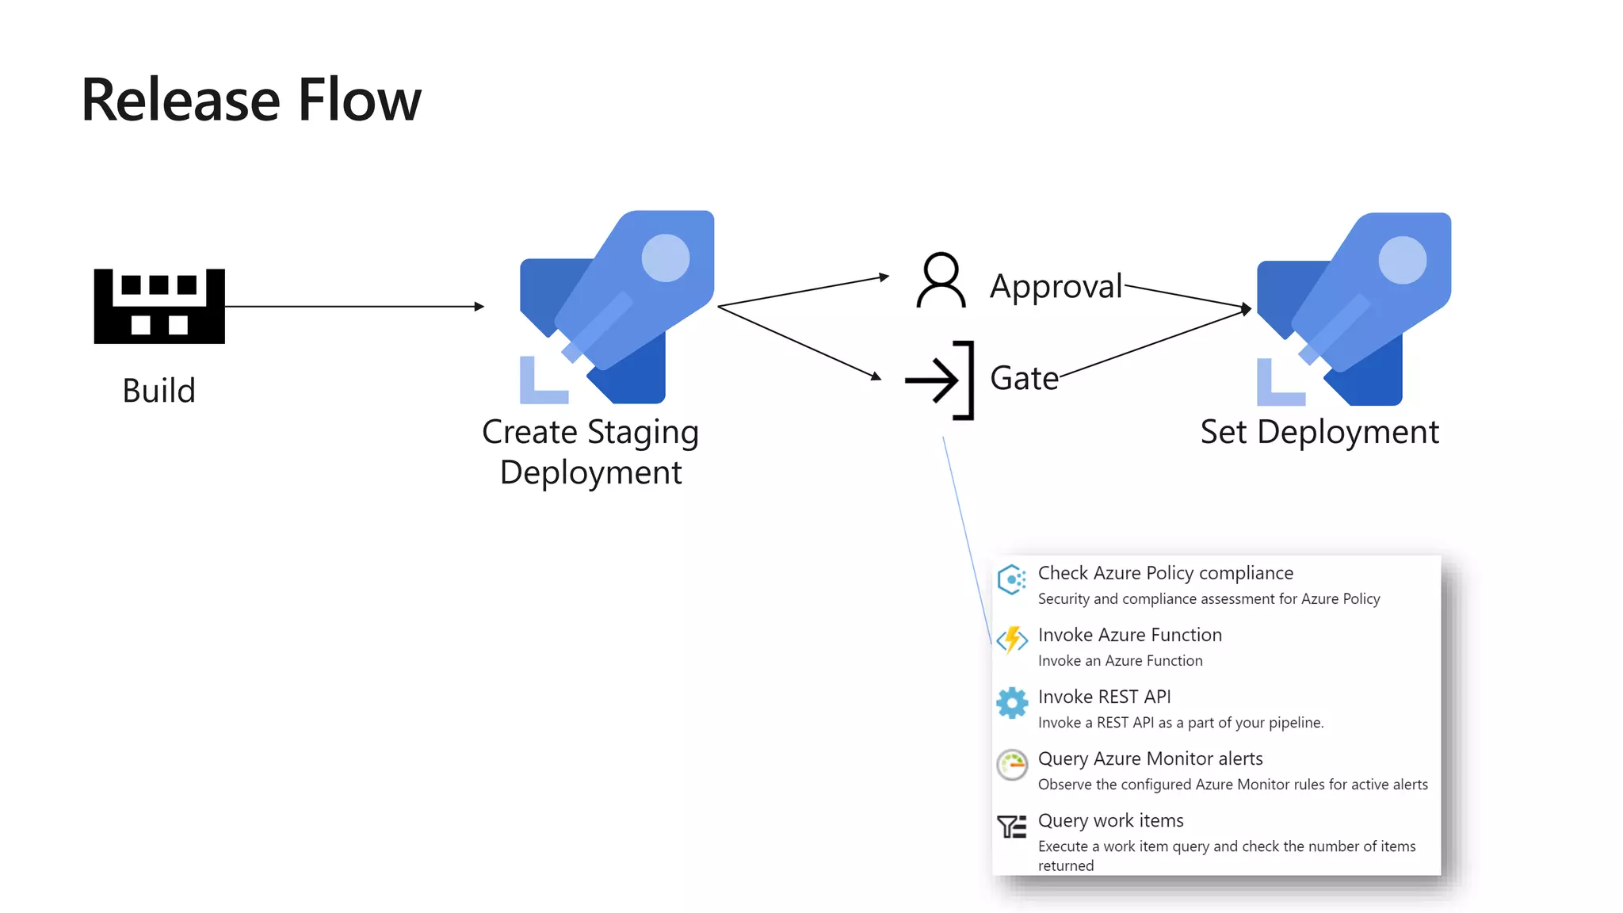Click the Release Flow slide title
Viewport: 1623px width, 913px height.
point(251,101)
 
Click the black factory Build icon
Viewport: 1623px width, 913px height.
point(159,306)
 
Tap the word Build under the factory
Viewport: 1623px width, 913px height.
point(158,391)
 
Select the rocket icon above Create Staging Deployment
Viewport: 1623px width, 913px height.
point(617,307)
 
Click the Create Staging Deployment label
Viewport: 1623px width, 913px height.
point(590,452)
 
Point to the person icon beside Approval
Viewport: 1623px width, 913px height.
point(941,280)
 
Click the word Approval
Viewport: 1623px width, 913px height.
point(1056,286)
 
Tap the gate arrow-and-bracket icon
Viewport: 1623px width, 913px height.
point(940,380)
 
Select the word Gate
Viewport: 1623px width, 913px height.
point(1024,378)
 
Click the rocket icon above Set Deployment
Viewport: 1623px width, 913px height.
point(1354,309)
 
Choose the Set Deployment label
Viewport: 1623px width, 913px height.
point(1319,432)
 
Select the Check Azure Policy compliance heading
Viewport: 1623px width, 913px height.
point(1165,573)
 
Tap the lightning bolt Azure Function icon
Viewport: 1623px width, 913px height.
point(1012,640)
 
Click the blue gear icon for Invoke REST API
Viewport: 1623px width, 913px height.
point(1012,703)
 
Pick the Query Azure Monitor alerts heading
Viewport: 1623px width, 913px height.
point(1150,758)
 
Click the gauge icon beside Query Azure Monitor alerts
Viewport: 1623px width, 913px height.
point(1012,765)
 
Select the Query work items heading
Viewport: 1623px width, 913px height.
point(1110,820)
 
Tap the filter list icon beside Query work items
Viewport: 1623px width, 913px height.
point(1012,827)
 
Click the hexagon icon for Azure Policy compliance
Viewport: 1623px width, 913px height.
point(1012,579)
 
